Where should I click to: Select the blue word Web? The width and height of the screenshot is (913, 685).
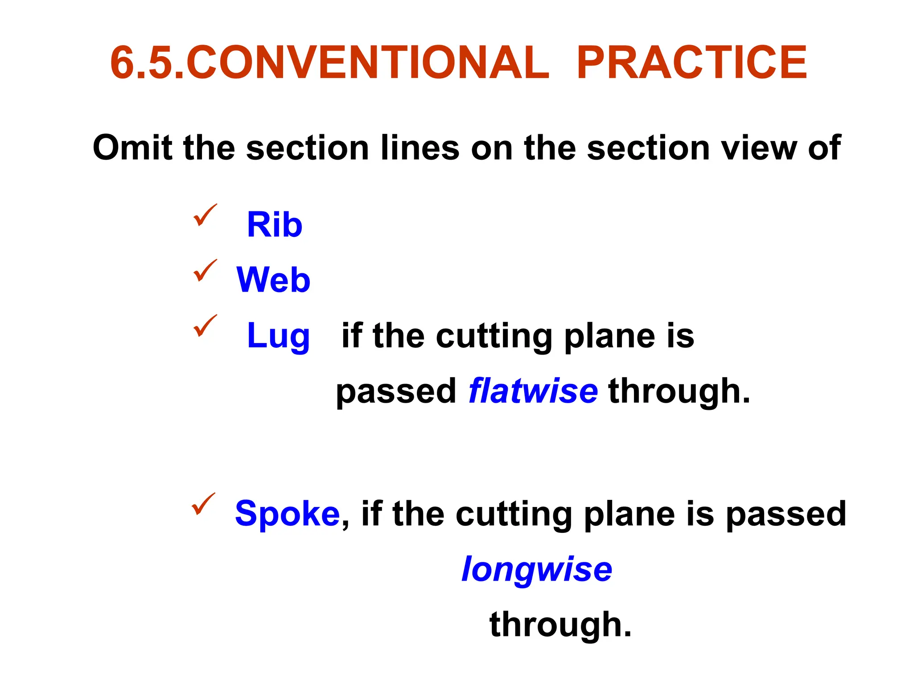click(273, 280)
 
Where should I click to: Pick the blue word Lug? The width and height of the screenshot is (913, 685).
click(278, 336)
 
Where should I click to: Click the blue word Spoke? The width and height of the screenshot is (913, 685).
click(288, 513)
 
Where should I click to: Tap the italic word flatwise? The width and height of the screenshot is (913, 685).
click(533, 391)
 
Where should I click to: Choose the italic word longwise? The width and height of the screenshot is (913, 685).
click(537, 569)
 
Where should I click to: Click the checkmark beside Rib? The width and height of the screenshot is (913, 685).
click(205, 215)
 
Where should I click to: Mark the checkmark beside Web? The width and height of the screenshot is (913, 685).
click(205, 270)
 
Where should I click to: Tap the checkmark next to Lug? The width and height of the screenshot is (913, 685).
click(205, 326)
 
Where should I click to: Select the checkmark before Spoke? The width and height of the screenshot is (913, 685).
click(203, 504)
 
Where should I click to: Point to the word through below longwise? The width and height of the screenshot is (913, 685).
click(560, 625)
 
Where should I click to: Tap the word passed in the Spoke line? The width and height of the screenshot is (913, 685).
click(786, 514)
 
